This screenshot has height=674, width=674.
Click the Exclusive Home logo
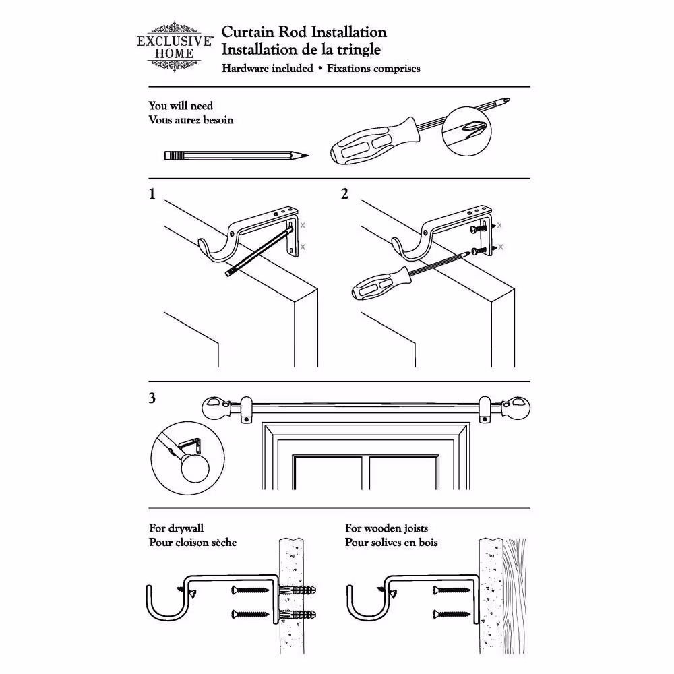175,47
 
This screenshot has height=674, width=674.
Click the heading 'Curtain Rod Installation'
304,32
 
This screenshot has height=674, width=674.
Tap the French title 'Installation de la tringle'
301,49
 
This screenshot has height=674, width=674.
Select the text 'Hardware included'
268,69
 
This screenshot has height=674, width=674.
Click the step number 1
152,195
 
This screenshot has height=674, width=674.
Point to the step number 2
345,195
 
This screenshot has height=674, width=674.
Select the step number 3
152,398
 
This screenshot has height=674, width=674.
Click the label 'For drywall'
176,529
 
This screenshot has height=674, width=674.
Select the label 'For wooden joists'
386,529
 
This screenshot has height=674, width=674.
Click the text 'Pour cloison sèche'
193,543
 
